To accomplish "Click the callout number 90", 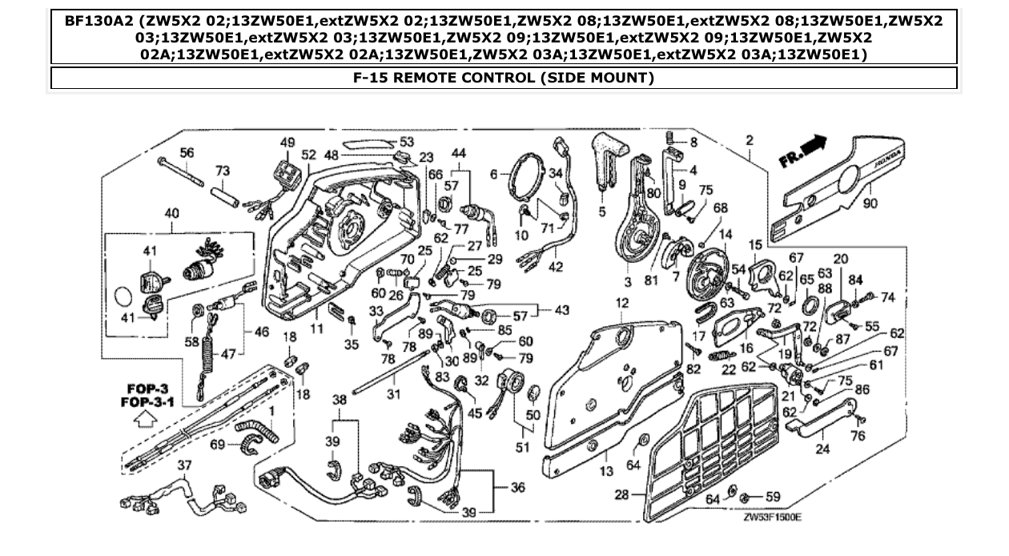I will pyautogui.click(x=870, y=203).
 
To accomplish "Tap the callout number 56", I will pyautogui.click(x=187, y=152).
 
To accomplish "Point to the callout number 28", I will pyautogui.click(x=621, y=496).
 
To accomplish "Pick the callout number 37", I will pyautogui.click(x=184, y=466).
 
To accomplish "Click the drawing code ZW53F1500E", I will pyautogui.click(x=771, y=517).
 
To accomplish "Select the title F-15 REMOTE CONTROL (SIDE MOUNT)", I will pyautogui.click(x=504, y=78).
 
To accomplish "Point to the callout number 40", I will pyautogui.click(x=171, y=214).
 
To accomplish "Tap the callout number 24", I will pyautogui.click(x=822, y=449).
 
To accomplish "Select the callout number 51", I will pyautogui.click(x=522, y=447).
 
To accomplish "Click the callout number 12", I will pyautogui.click(x=622, y=302).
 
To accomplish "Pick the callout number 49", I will pyautogui.click(x=287, y=142).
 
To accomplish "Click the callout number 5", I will pyautogui.click(x=601, y=213).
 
